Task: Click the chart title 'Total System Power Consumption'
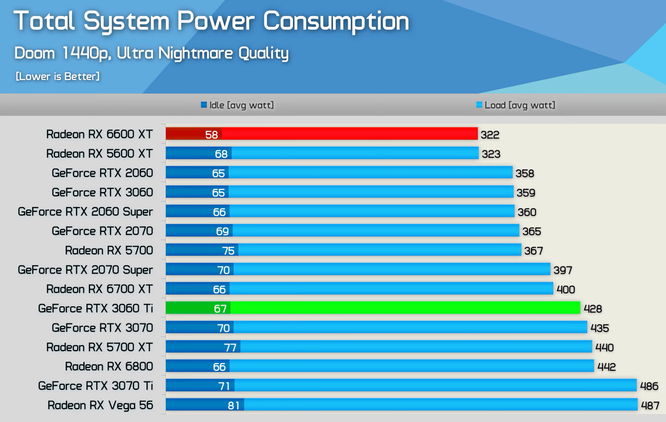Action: pyautogui.click(x=211, y=22)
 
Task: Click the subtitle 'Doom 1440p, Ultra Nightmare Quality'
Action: pyautogui.click(x=151, y=53)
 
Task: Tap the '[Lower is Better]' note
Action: pyautogui.click(x=58, y=76)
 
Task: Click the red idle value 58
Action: pyautogui.click(x=212, y=135)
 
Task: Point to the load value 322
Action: pyautogui.click(x=490, y=135)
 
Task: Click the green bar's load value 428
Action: pyautogui.click(x=593, y=309)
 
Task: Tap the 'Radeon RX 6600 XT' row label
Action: pyautogui.click(x=99, y=134)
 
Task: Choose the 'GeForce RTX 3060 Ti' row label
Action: pyautogui.click(x=95, y=309)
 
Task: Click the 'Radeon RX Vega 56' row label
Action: pyautogui.click(x=100, y=405)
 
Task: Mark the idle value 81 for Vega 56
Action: pyautogui.click(x=234, y=406)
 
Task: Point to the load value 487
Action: pyautogui.click(x=650, y=406)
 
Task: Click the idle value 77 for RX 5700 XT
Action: pyautogui.click(x=230, y=348)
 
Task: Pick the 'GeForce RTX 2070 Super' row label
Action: pyautogui.click(x=85, y=270)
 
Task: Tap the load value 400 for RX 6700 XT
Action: pyautogui.click(x=566, y=290)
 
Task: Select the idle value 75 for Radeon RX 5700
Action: pyautogui.click(x=228, y=251)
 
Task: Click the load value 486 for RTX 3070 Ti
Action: pyautogui.click(x=649, y=386)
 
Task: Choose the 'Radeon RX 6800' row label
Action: pyautogui.click(x=109, y=367)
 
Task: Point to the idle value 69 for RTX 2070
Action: pyautogui.click(x=222, y=232)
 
